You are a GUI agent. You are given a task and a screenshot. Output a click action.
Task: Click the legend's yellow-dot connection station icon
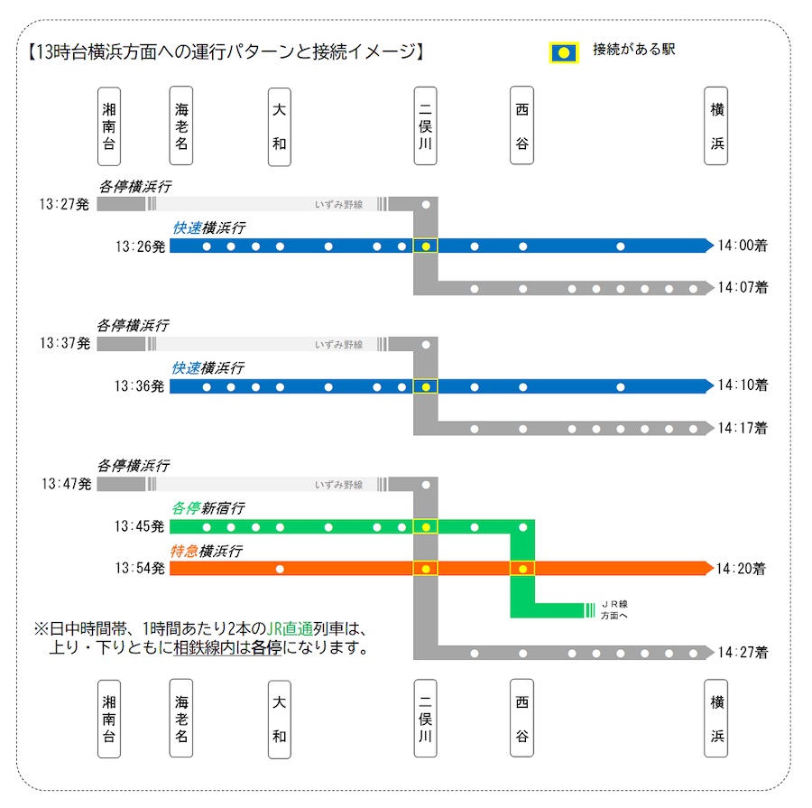click(563, 53)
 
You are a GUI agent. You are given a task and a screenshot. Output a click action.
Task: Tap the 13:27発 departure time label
click(64, 204)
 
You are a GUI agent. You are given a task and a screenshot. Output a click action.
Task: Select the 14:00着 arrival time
click(743, 246)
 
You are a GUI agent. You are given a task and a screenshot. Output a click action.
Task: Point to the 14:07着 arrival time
click(743, 287)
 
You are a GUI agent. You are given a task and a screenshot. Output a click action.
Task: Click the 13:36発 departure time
click(139, 386)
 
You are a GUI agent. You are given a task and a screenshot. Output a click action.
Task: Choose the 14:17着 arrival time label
click(743, 428)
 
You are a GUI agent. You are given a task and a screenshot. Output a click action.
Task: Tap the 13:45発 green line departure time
click(139, 526)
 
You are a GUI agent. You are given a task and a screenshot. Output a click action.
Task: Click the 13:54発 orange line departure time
click(140, 569)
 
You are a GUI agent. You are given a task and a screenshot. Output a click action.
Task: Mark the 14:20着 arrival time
click(741, 569)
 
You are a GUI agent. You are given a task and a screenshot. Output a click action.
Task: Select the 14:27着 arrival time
click(743, 653)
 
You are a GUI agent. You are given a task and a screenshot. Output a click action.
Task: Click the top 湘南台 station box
click(109, 126)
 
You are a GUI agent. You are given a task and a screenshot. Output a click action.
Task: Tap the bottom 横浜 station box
click(716, 719)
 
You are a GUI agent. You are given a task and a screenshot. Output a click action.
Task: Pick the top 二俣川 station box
click(425, 126)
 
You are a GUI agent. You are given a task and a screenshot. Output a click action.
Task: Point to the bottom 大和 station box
click(279, 720)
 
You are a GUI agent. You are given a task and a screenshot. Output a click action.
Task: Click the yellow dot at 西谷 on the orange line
click(522, 569)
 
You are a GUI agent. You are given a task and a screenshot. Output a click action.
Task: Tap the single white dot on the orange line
click(280, 569)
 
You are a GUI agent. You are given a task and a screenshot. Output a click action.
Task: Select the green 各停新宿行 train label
click(208, 508)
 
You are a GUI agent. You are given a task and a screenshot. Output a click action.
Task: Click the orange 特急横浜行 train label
click(206, 551)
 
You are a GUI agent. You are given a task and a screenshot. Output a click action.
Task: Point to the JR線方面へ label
click(614, 610)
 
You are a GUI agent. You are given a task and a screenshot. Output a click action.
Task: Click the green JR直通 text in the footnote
click(290, 628)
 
